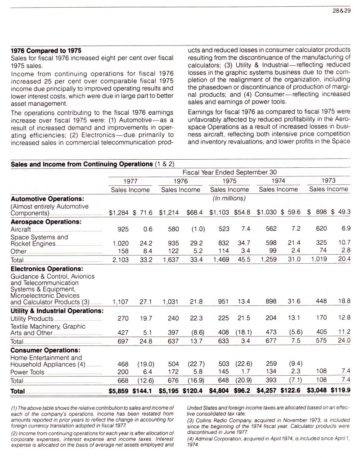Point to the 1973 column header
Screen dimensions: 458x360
[x=328, y=180]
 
